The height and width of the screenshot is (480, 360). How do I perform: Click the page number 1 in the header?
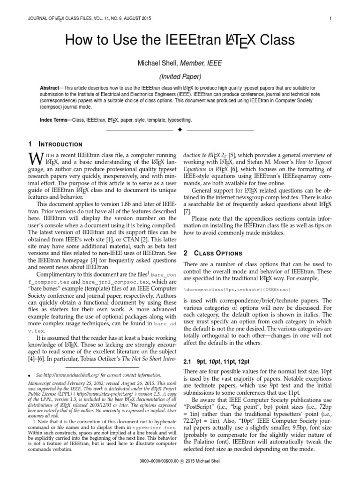click(x=330, y=19)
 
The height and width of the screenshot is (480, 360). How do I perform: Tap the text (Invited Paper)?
click(x=180, y=77)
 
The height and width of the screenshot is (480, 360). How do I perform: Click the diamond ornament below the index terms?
click(x=180, y=129)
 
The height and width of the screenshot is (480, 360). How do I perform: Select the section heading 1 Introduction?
click(x=55, y=144)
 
